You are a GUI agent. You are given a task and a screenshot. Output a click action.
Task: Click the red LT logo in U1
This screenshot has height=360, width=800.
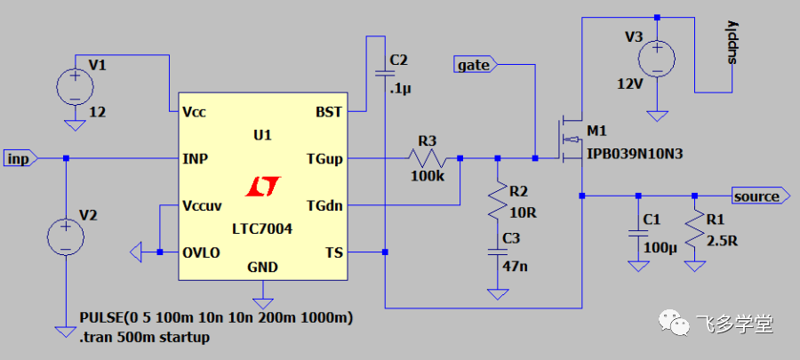[x=263, y=187]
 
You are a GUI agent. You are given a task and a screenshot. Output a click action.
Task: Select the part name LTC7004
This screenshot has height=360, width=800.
[x=263, y=228]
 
